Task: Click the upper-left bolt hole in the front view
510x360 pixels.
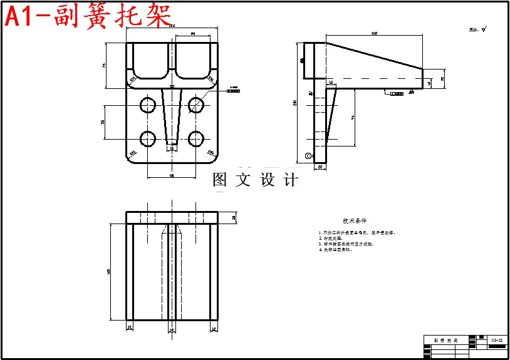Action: tap(148, 105)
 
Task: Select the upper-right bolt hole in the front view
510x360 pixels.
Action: tap(196, 105)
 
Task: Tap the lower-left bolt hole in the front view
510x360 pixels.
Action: tap(148, 138)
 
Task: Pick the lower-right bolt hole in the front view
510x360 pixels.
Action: tap(196, 138)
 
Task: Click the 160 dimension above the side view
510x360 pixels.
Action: tap(374, 33)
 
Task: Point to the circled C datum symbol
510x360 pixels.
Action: tap(308, 155)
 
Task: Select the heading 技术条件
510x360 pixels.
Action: tap(354, 220)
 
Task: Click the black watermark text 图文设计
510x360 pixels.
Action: tap(256, 180)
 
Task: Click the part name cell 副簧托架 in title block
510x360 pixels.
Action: tap(445, 340)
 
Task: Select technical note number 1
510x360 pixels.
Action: tap(357, 232)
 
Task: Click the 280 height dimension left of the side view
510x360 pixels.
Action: tap(295, 103)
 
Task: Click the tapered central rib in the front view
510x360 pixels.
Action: tap(172, 116)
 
